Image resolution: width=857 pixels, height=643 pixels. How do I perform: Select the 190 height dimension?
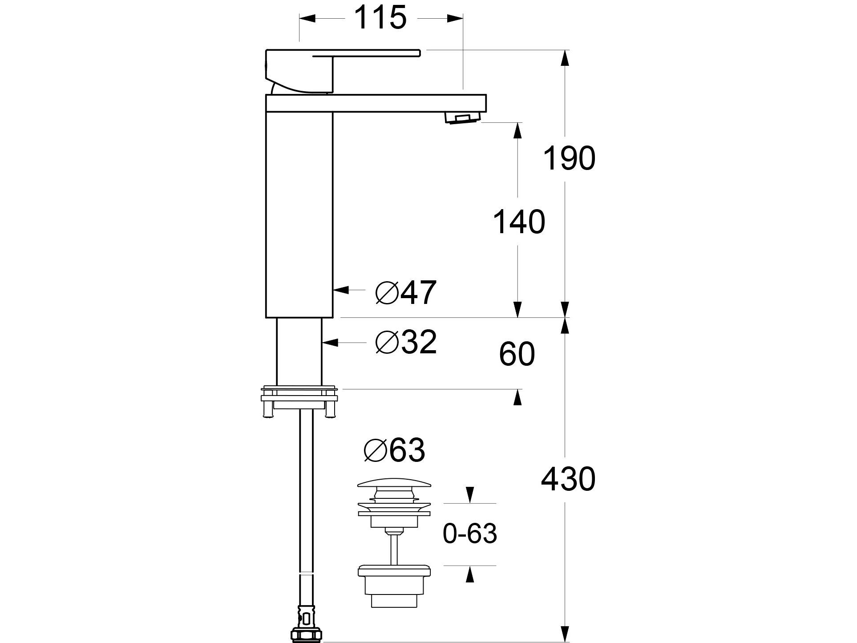click(x=569, y=158)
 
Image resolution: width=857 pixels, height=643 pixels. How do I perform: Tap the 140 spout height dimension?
click(x=519, y=222)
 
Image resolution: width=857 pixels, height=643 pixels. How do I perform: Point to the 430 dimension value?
click(x=568, y=479)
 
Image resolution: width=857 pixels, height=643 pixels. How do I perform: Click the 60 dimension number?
click(x=517, y=355)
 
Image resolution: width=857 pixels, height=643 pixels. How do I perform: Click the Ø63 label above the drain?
click(x=394, y=450)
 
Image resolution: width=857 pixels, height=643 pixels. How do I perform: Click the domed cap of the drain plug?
click(x=394, y=483)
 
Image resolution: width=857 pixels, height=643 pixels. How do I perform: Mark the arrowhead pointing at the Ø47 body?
click(x=340, y=290)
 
